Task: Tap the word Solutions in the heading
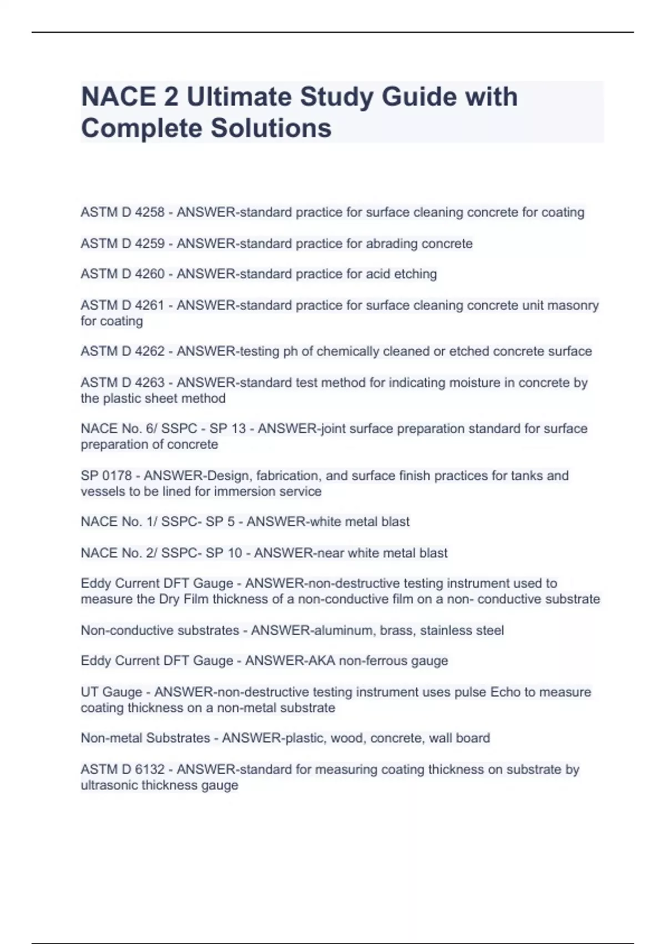(x=270, y=128)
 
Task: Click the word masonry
(x=573, y=305)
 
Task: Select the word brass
(x=397, y=631)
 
